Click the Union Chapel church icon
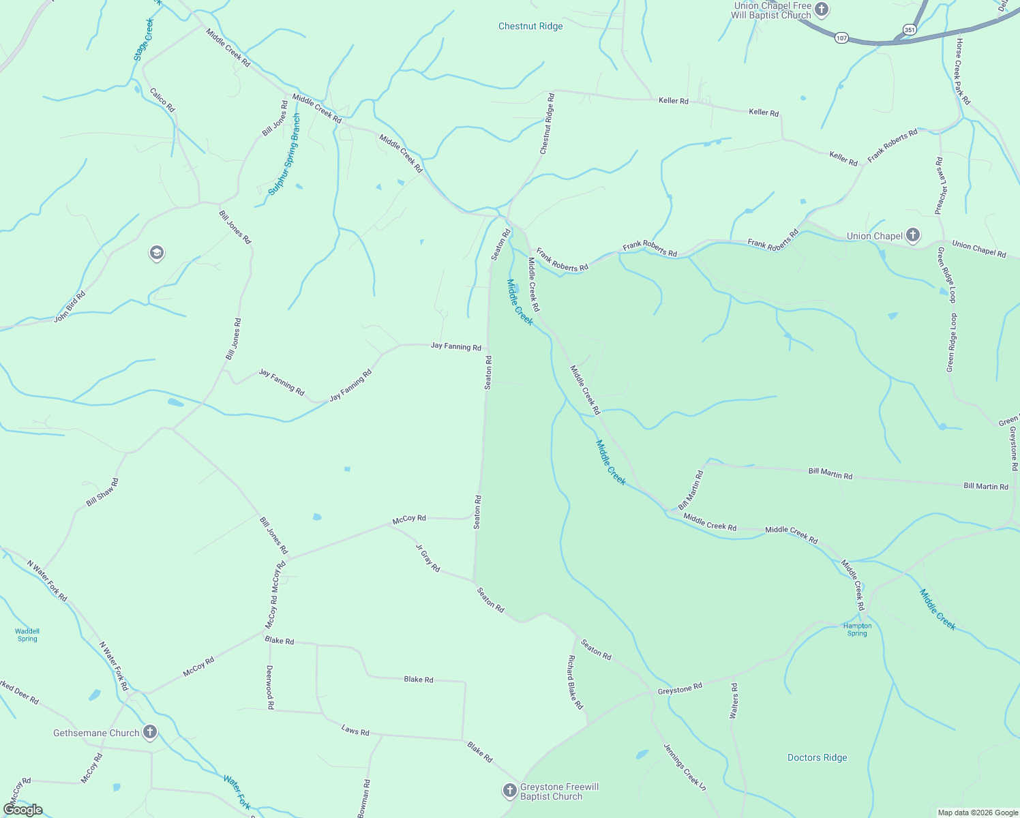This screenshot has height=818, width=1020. [x=913, y=236]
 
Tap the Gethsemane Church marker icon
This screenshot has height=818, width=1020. [x=150, y=733]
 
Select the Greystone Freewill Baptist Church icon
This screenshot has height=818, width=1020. [x=509, y=791]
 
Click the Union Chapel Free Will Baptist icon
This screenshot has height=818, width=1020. [x=822, y=10]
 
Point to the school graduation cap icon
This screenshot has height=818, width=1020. [x=156, y=254]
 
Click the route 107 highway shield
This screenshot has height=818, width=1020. [x=842, y=38]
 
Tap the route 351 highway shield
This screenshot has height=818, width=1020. [x=909, y=29]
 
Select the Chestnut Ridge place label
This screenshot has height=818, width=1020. [x=530, y=27]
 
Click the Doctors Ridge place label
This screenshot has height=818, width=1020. [x=817, y=757]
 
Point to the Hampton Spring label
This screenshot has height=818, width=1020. [x=857, y=629]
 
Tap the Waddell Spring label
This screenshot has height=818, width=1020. [x=27, y=635]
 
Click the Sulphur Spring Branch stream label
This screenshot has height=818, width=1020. [x=284, y=155]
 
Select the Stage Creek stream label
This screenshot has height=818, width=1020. [x=145, y=40]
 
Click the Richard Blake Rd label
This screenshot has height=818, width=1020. [x=575, y=682]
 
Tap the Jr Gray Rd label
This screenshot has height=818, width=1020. [x=427, y=557]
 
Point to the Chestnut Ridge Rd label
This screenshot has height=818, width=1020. [x=547, y=123]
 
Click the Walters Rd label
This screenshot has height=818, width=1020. [x=734, y=701]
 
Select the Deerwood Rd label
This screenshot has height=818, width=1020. [x=270, y=687]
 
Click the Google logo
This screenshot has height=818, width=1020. [x=22, y=810]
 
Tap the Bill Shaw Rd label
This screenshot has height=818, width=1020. [x=102, y=491]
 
